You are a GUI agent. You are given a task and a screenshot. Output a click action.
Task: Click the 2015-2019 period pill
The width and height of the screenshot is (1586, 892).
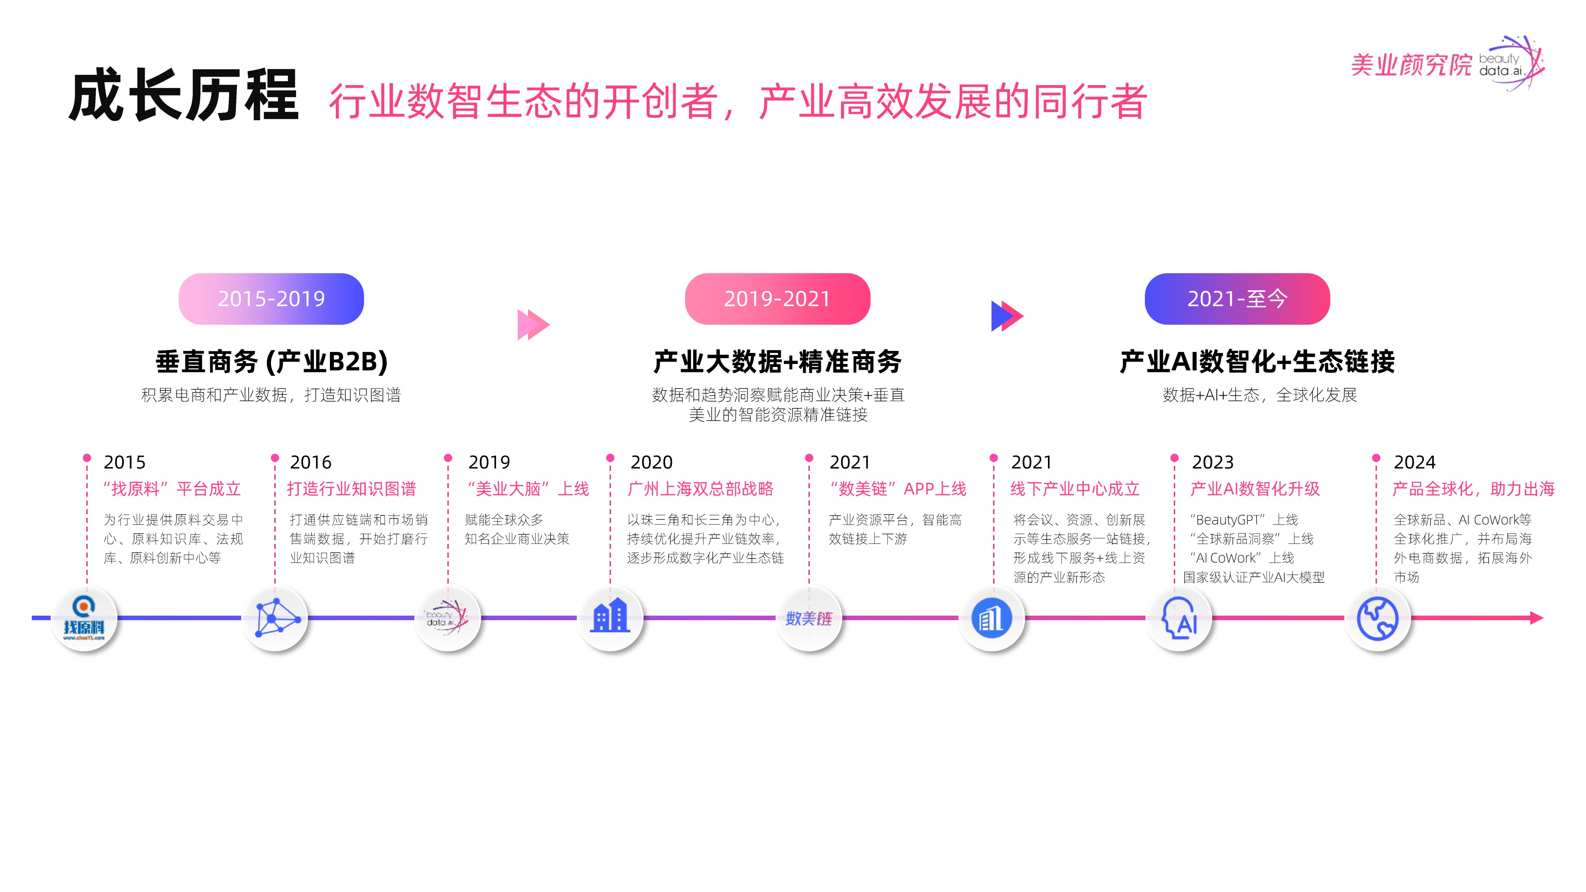coord(271,299)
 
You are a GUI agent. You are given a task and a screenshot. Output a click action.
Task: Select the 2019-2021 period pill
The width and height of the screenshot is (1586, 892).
coord(777,299)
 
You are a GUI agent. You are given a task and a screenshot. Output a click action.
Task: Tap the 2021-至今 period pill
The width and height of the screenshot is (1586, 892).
coord(1237,299)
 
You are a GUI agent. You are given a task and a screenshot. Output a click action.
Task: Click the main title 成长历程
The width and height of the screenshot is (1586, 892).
coord(184,96)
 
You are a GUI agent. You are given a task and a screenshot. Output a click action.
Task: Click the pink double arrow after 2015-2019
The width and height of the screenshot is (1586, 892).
coord(533,324)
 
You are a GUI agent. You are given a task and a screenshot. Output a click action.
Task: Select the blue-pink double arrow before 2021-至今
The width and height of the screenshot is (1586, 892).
coord(1007,316)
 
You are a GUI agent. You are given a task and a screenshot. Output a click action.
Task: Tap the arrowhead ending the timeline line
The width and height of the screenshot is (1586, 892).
coord(1537,617)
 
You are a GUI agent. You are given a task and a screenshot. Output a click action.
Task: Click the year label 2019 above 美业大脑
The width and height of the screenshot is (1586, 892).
coord(489,462)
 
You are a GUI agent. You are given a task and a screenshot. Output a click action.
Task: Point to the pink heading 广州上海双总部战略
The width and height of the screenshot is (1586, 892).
coord(700,489)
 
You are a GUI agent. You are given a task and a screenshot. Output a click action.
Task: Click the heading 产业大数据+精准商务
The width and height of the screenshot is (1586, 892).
coord(778,361)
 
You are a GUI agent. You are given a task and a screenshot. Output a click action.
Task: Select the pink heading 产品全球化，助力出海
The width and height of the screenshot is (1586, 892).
coord(1473,489)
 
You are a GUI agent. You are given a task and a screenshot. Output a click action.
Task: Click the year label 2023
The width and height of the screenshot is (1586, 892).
coord(1212,462)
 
